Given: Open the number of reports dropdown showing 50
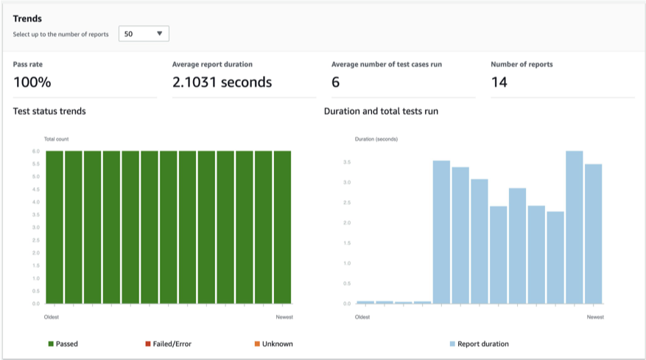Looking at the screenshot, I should pyautogui.click(x=144, y=34).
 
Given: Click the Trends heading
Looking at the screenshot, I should pyautogui.click(x=27, y=18).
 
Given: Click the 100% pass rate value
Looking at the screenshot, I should pyautogui.click(x=32, y=82).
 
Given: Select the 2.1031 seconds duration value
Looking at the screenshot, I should pyautogui.click(x=222, y=82).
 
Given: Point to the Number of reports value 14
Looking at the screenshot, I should pyautogui.click(x=499, y=82).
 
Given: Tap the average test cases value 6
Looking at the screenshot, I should pyautogui.click(x=336, y=82).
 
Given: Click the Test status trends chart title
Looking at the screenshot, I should pyautogui.click(x=49, y=111).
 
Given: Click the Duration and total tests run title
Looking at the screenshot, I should pyautogui.click(x=382, y=111).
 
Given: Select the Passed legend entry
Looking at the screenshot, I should pyautogui.click(x=63, y=344).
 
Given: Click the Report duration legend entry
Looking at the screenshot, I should pyautogui.click(x=479, y=344).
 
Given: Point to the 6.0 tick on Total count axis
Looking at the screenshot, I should pyautogui.click(x=35, y=151).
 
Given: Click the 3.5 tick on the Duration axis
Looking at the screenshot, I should pyautogui.click(x=346, y=162).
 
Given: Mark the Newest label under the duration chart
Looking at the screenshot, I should pyautogui.click(x=595, y=317).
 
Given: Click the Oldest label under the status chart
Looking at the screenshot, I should pyautogui.click(x=51, y=317).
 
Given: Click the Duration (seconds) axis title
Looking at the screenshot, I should pyautogui.click(x=376, y=138).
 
